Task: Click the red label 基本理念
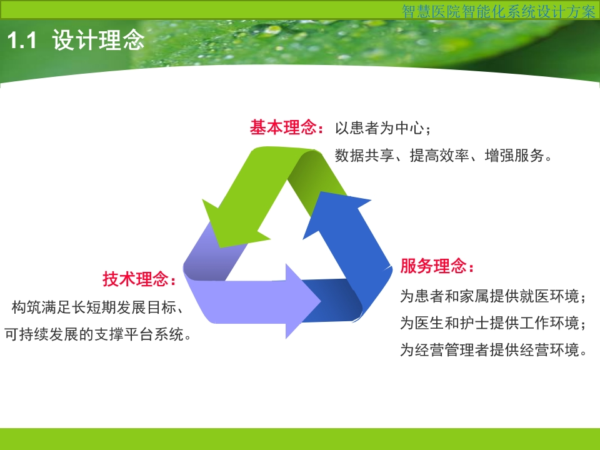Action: [283, 127]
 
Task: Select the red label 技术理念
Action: [136, 279]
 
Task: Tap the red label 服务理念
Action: [433, 266]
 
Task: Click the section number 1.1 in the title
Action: [22, 40]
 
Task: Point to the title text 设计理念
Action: [98, 40]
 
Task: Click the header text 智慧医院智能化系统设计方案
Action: [499, 11]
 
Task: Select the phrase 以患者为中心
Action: [379, 127]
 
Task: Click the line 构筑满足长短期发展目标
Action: [94, 307]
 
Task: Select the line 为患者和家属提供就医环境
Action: [489, 296]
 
